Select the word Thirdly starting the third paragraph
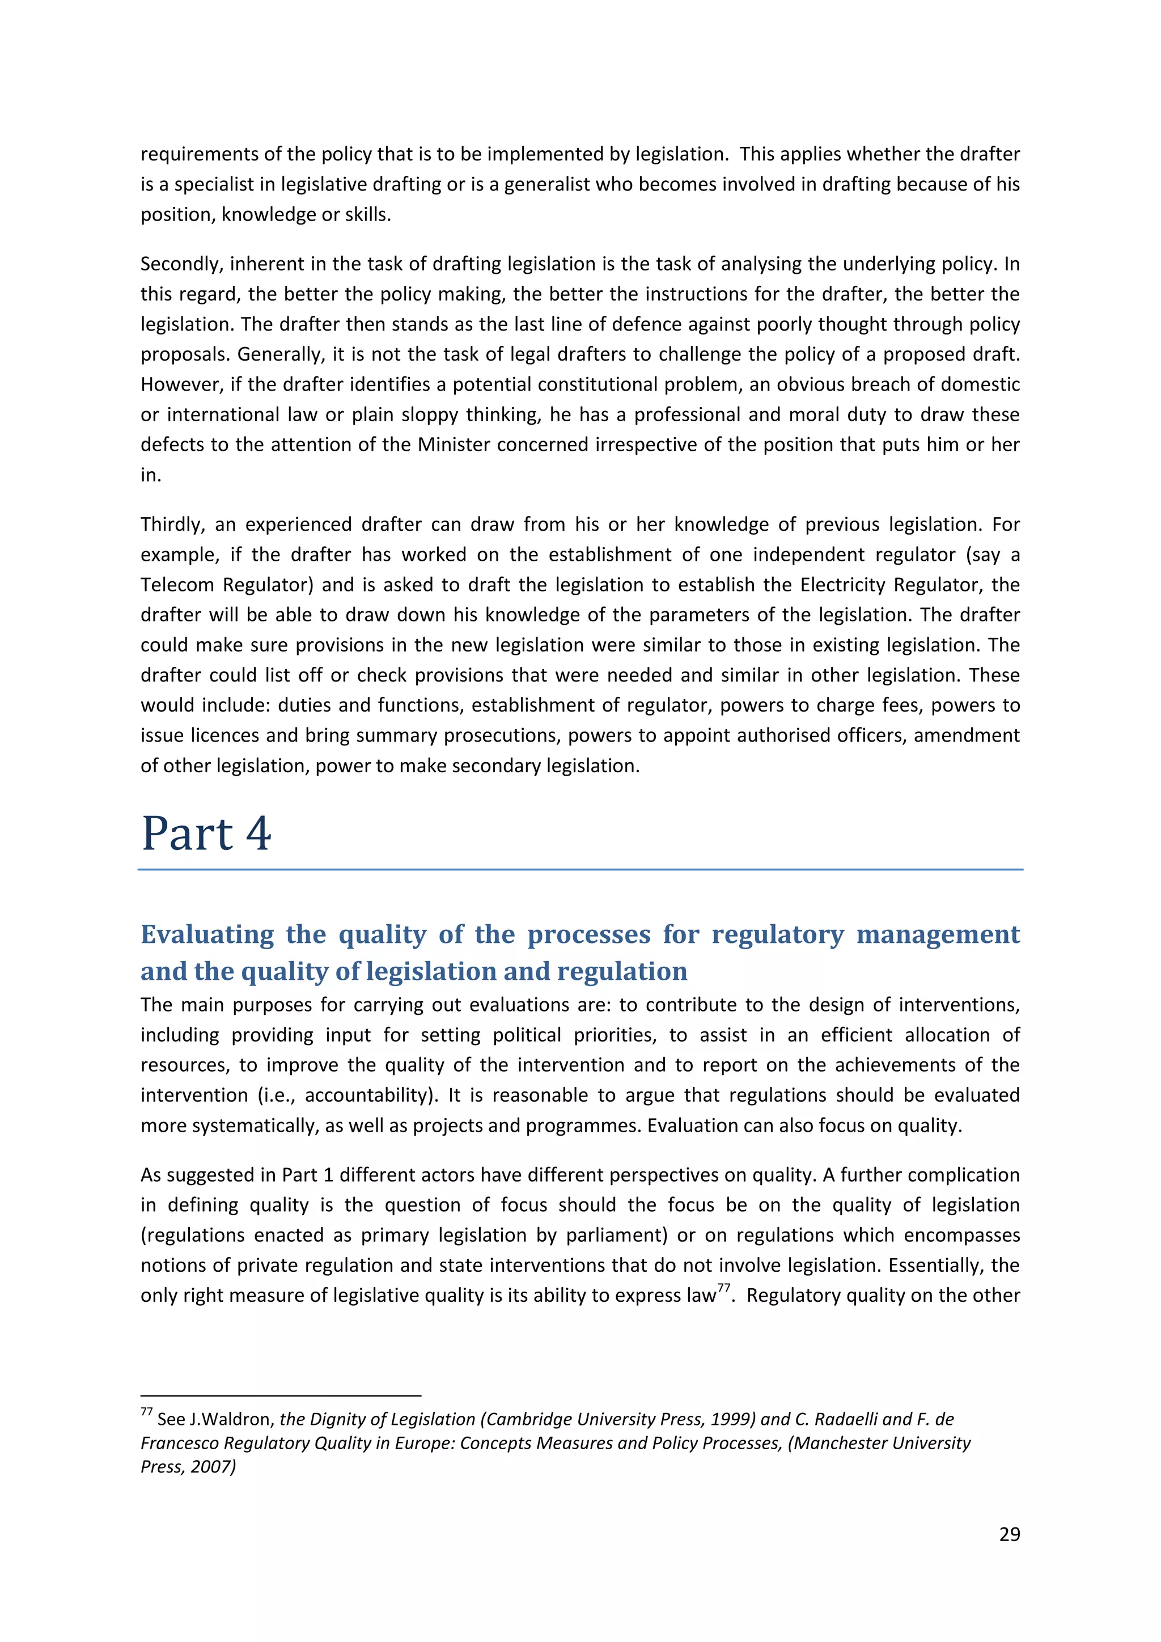(x=172, y=524)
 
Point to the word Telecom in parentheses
(x=176, y=585)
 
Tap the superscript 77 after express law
(x=723, y=1289)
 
